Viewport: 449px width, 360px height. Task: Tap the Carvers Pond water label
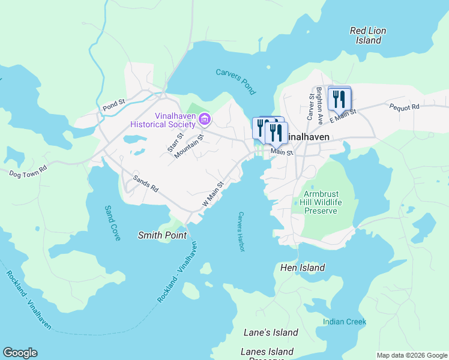[236, 82]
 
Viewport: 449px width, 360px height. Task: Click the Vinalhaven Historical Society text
[166, 119]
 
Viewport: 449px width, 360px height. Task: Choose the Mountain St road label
[190, 146]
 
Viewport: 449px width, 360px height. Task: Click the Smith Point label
[162, 235]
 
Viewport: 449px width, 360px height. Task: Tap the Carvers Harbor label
[241, 232]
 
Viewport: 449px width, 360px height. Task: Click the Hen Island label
[303, 268]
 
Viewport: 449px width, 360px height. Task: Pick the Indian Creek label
[344, 322]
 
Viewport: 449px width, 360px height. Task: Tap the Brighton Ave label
[320, 98]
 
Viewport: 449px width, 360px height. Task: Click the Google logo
[20, 353]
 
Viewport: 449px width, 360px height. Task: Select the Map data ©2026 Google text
[411, 355]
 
